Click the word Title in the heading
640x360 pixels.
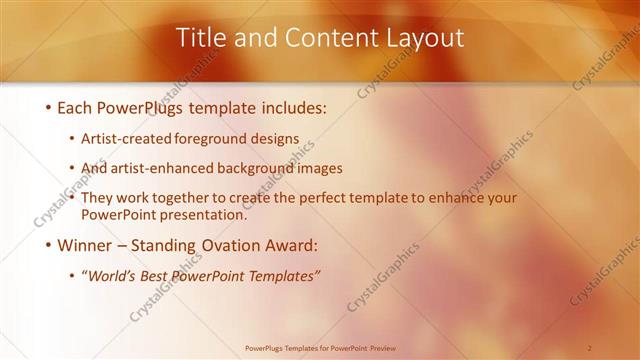click(x=201, y=38)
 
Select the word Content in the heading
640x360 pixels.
click(x=323, y=38)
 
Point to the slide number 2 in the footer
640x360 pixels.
click(x=589, y=348)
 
